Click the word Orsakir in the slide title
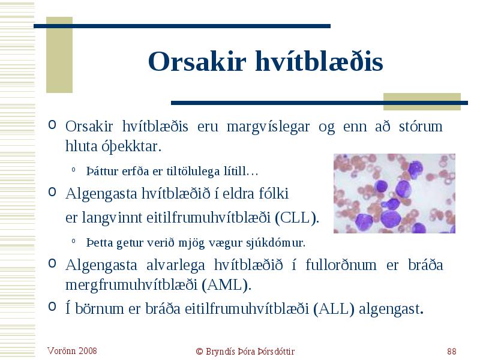(197, 61)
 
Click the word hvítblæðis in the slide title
(319, 61)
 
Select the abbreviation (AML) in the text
(226, 285)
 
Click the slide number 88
(452, 351)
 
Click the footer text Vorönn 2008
(72, 351)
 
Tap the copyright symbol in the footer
(199, 352)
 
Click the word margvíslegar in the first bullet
(268, 127)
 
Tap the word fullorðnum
(341, 265)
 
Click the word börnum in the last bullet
(100, 308)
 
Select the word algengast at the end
(391, 309)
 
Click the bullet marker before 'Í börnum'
(52, 307)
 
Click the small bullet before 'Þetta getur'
(73, 241)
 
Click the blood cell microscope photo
(394, 193)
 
